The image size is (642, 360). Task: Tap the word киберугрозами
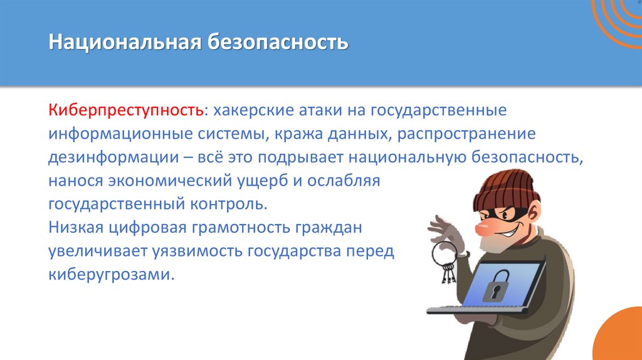pyautogui.click(x=110, y=275)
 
